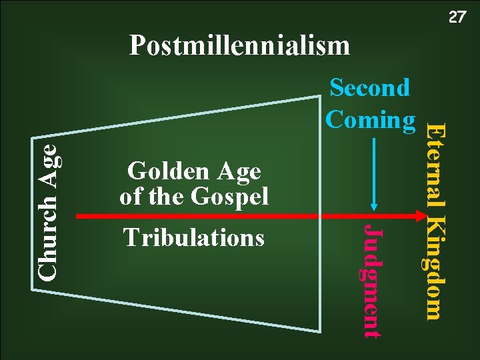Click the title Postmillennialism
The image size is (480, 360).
pos(239,46)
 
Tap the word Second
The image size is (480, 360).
pos(370,88)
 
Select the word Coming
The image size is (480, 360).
pos(370,119)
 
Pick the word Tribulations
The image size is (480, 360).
pos(193,238)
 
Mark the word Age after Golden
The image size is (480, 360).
pos(237,172)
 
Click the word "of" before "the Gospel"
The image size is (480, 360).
pos(131,196)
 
